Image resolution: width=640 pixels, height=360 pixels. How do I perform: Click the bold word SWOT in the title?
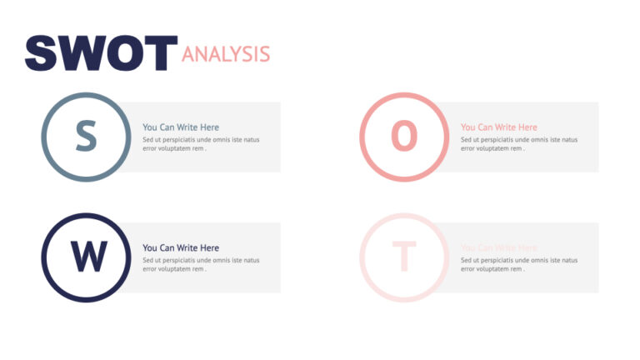pyautogui.click(x=101, y=53)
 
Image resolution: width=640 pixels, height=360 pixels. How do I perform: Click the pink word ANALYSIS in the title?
pyautogui.click(x=226, y=55)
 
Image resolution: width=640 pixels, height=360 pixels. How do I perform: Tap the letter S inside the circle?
pyautogui.click(x=86, y=137)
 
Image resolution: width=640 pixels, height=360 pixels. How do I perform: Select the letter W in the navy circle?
pyautogui.click(x=86, y=257)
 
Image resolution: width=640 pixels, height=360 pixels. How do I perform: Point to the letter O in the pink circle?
pyautogui.click(x=404, y=137)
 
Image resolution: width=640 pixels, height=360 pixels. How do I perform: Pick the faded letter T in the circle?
pyautogui.click(x=404, y=257)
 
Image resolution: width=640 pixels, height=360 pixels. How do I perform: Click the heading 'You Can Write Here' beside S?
pyautogui.click(x=181, y=127)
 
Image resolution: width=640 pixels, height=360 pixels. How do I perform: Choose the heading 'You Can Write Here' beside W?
pyautogui.click(x=181, y=247)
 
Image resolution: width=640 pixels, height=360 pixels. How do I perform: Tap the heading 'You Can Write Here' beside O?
pyautogui.click(x=499, y=127)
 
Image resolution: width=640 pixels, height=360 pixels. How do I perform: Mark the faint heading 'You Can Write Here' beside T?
pyautogui.click(x=499, y=247)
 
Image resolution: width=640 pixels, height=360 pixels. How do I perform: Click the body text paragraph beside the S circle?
pyautogui.click(x=200, y=144)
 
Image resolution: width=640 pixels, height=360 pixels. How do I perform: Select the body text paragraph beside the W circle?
pyautogui.click(x=200, y=264)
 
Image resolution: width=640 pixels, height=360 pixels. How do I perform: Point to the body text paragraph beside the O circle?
pyautogui.click(x=518, y=144)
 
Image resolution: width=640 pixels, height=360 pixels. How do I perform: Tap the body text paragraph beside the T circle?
pyautogui.click(x=518, y=264)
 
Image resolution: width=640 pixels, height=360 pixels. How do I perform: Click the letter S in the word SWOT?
pyautogui.click(x=42, y=53)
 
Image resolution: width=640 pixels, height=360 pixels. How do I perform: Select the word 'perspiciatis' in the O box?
pyautogui.click(x=497, y=140)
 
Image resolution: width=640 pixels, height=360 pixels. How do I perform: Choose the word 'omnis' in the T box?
pyautogui.click(x=542, y=260)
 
